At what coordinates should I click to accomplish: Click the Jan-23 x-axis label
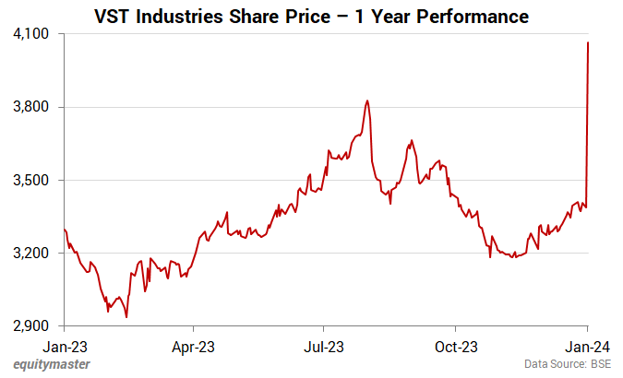pyautogui.click(x=65, y=348)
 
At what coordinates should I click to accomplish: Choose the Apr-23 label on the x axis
pyautogui.click(x=193, y=348)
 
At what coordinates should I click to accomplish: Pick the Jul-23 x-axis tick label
pyautogui.click(x=324, y=348)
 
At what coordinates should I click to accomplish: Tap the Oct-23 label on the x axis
pyautogui.click(x=456, y=348)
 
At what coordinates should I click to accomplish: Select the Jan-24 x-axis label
pyautogui.click(x=588, y=348)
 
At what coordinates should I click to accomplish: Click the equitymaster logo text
pyautogui.click(x=51, y=365)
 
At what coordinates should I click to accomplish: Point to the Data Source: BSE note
pyautogui.click(x=568, y=365)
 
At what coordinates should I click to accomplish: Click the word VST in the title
pyautogui.click(x=113, y=16)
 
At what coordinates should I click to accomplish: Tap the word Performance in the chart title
pyautogui.click(x=472, y=16)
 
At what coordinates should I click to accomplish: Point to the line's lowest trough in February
pyautogui.click(x=126, y=317)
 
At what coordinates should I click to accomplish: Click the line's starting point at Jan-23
pyautogui.click(x=65, y=229)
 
